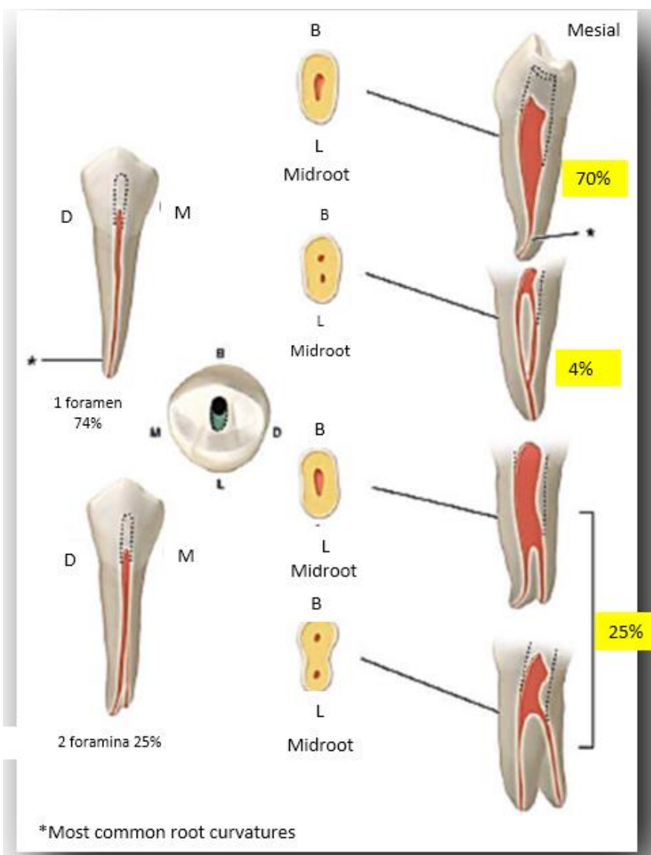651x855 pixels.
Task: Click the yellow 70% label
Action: (595, 178)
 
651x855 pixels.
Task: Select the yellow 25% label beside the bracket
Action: (623, 633)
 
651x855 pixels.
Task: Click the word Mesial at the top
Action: (593, 30)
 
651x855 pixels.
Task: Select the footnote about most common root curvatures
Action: (167, 831)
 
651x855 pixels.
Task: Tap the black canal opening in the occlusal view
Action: (219, 407)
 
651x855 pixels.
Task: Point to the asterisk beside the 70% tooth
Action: (592, 233)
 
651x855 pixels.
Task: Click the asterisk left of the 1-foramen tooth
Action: (31, 361)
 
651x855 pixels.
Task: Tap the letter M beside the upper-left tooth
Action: (183, 213)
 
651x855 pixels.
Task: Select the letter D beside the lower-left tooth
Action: (70, 561)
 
